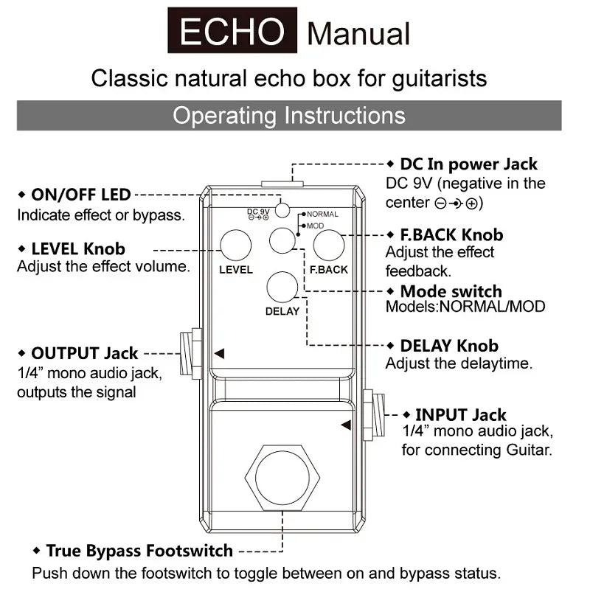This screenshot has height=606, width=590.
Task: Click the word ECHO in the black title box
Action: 232,31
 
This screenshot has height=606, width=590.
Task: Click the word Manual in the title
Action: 358,34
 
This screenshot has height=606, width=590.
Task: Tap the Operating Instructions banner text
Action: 289,116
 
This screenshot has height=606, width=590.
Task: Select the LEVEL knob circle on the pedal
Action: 235,245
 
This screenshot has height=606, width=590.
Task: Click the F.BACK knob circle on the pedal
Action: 329,245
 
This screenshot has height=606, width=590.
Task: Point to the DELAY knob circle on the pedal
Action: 282,287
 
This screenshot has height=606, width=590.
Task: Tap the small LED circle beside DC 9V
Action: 282,210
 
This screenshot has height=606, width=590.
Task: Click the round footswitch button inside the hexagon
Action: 282,478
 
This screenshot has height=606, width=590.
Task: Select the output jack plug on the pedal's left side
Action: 191,353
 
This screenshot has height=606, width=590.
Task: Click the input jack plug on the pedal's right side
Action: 373,415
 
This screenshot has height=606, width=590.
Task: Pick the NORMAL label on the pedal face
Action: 322,214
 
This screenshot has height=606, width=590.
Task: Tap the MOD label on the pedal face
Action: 316,226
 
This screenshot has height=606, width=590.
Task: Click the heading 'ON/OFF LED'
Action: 81,195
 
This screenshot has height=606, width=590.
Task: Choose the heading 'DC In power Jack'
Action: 468,164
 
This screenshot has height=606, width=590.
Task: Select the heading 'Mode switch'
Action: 451,291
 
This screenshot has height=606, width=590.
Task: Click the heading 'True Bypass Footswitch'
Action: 139,551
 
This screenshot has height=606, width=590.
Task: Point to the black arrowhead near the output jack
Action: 220,353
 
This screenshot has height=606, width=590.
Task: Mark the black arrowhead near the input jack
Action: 346,425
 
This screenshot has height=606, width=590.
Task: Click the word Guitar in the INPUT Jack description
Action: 530,450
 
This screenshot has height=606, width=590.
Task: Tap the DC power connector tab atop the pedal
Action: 282,184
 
